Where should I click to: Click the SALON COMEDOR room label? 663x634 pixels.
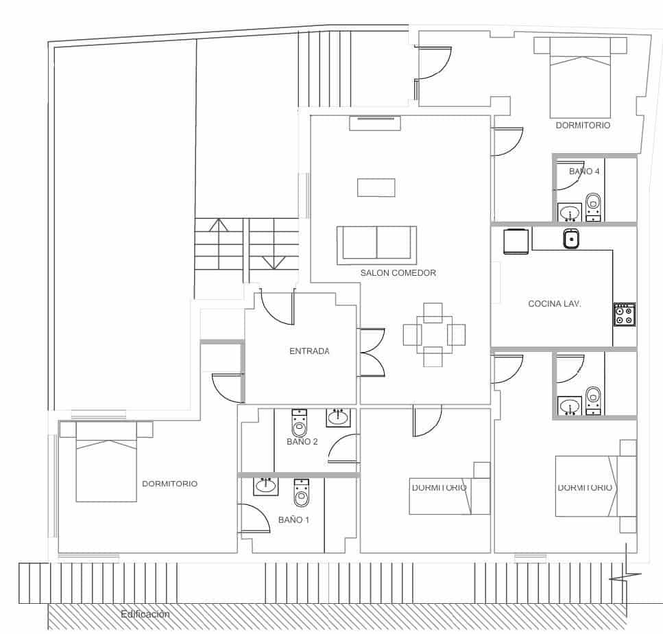398,272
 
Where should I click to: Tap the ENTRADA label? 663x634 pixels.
309,351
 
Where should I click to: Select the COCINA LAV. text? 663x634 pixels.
555,303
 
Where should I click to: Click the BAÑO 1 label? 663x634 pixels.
293,520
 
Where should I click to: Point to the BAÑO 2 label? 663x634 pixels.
302,442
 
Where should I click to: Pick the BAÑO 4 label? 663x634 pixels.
584,172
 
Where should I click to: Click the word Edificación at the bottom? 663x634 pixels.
145,614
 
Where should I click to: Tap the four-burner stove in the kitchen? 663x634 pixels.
624,314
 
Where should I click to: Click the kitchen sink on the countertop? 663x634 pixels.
572,239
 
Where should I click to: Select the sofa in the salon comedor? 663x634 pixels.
376,244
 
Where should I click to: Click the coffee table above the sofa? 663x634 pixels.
376,187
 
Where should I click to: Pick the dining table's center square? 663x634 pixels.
433,335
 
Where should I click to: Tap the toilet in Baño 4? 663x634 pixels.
593,204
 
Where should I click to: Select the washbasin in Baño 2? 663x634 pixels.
337,416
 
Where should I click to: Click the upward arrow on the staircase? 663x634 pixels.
219,226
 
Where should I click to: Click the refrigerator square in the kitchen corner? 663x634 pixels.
516,241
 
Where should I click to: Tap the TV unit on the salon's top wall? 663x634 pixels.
374,123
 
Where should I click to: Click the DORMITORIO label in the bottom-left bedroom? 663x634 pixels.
169,484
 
